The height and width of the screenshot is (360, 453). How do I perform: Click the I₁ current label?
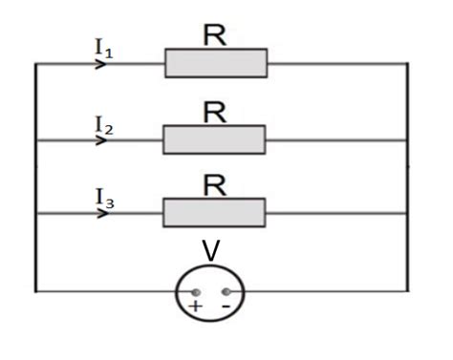point(104,48)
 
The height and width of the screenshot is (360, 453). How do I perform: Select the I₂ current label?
point(104,124)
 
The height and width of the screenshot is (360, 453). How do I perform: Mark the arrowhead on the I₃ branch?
point(101,213)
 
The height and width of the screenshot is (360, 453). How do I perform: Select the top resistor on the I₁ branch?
point(216,63)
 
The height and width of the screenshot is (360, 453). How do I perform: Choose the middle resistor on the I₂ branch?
point(214,139)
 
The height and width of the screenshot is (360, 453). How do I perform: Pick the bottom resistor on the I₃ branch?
point(213,213)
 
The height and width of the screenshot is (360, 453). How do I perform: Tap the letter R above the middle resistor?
point(215,112)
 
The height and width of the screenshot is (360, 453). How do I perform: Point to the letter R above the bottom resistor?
point(215,184)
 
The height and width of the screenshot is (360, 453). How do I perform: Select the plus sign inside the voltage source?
point(195,307)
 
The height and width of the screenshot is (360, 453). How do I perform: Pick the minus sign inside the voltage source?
point(226,307)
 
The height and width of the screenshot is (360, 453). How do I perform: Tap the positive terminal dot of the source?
point(195,291)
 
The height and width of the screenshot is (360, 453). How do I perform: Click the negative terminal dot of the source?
point(226,291)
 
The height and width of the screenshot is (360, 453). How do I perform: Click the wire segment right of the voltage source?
point(325,291)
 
